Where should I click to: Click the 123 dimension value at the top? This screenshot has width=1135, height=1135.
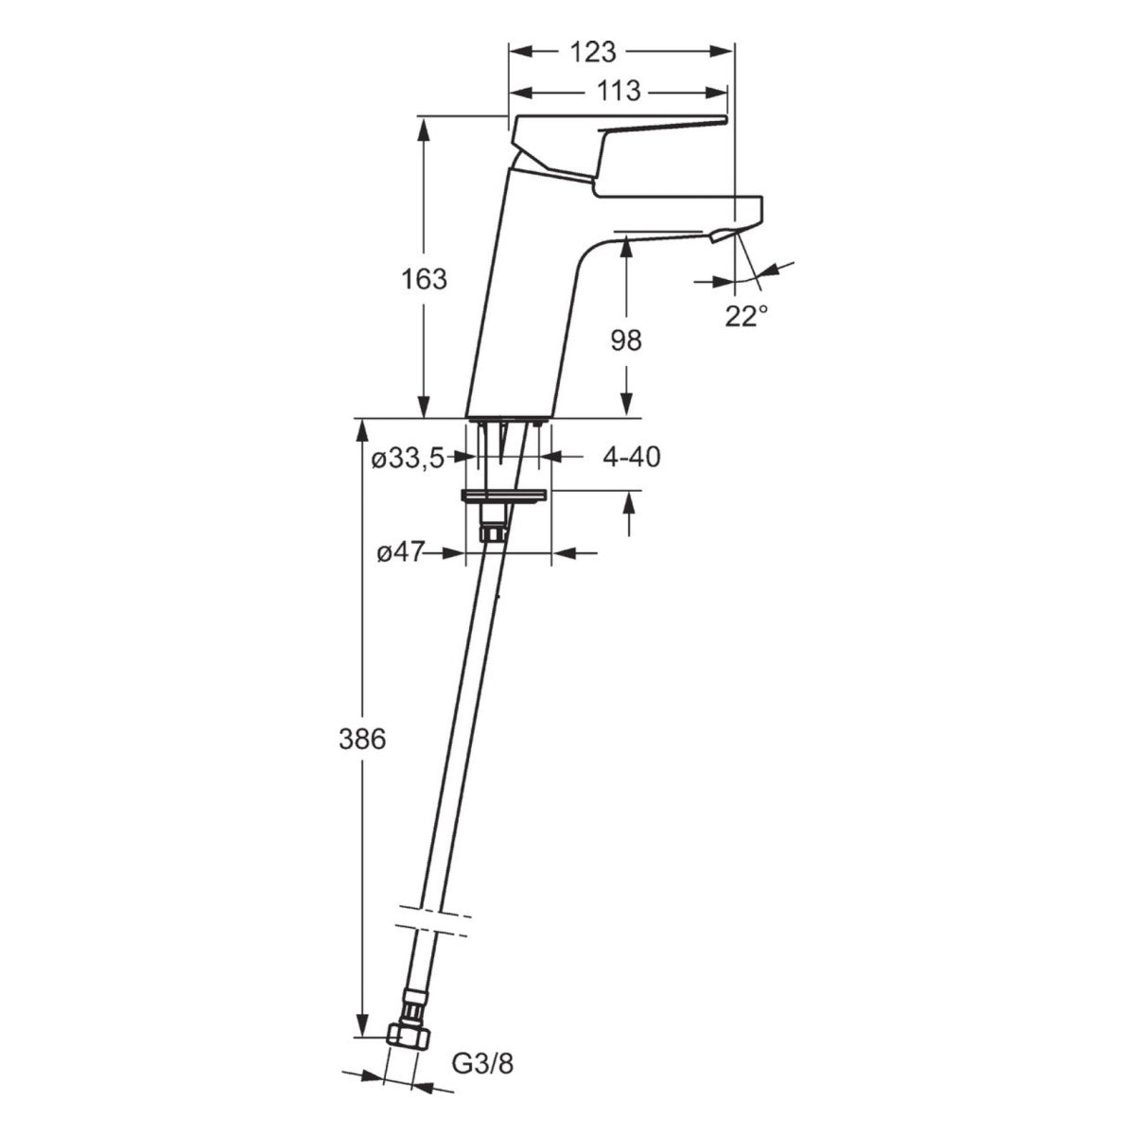tap(595, 51)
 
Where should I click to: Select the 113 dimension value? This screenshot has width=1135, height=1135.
tap(619, 92)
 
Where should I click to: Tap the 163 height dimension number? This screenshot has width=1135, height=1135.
tap(422, 279)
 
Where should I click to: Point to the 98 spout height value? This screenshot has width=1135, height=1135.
tap(625, 340)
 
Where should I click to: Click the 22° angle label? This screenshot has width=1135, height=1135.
tap(746, 317)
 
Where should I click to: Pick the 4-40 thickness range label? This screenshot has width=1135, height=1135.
tap(631, 458)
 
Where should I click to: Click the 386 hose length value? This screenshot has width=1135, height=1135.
tap(362, 739)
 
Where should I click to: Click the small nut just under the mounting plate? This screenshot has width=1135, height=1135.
tap(491, 533)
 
